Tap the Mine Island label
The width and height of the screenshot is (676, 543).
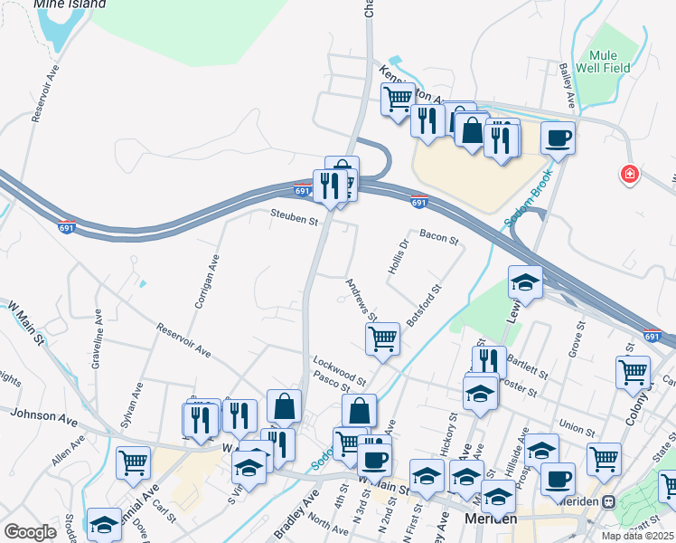pos(70,5)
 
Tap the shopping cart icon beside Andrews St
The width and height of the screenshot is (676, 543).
pos(382,339)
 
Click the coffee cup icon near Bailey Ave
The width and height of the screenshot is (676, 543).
pos(558,138)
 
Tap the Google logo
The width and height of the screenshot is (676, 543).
pos(30,532)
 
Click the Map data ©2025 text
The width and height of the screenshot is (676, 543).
pos(636,536)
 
